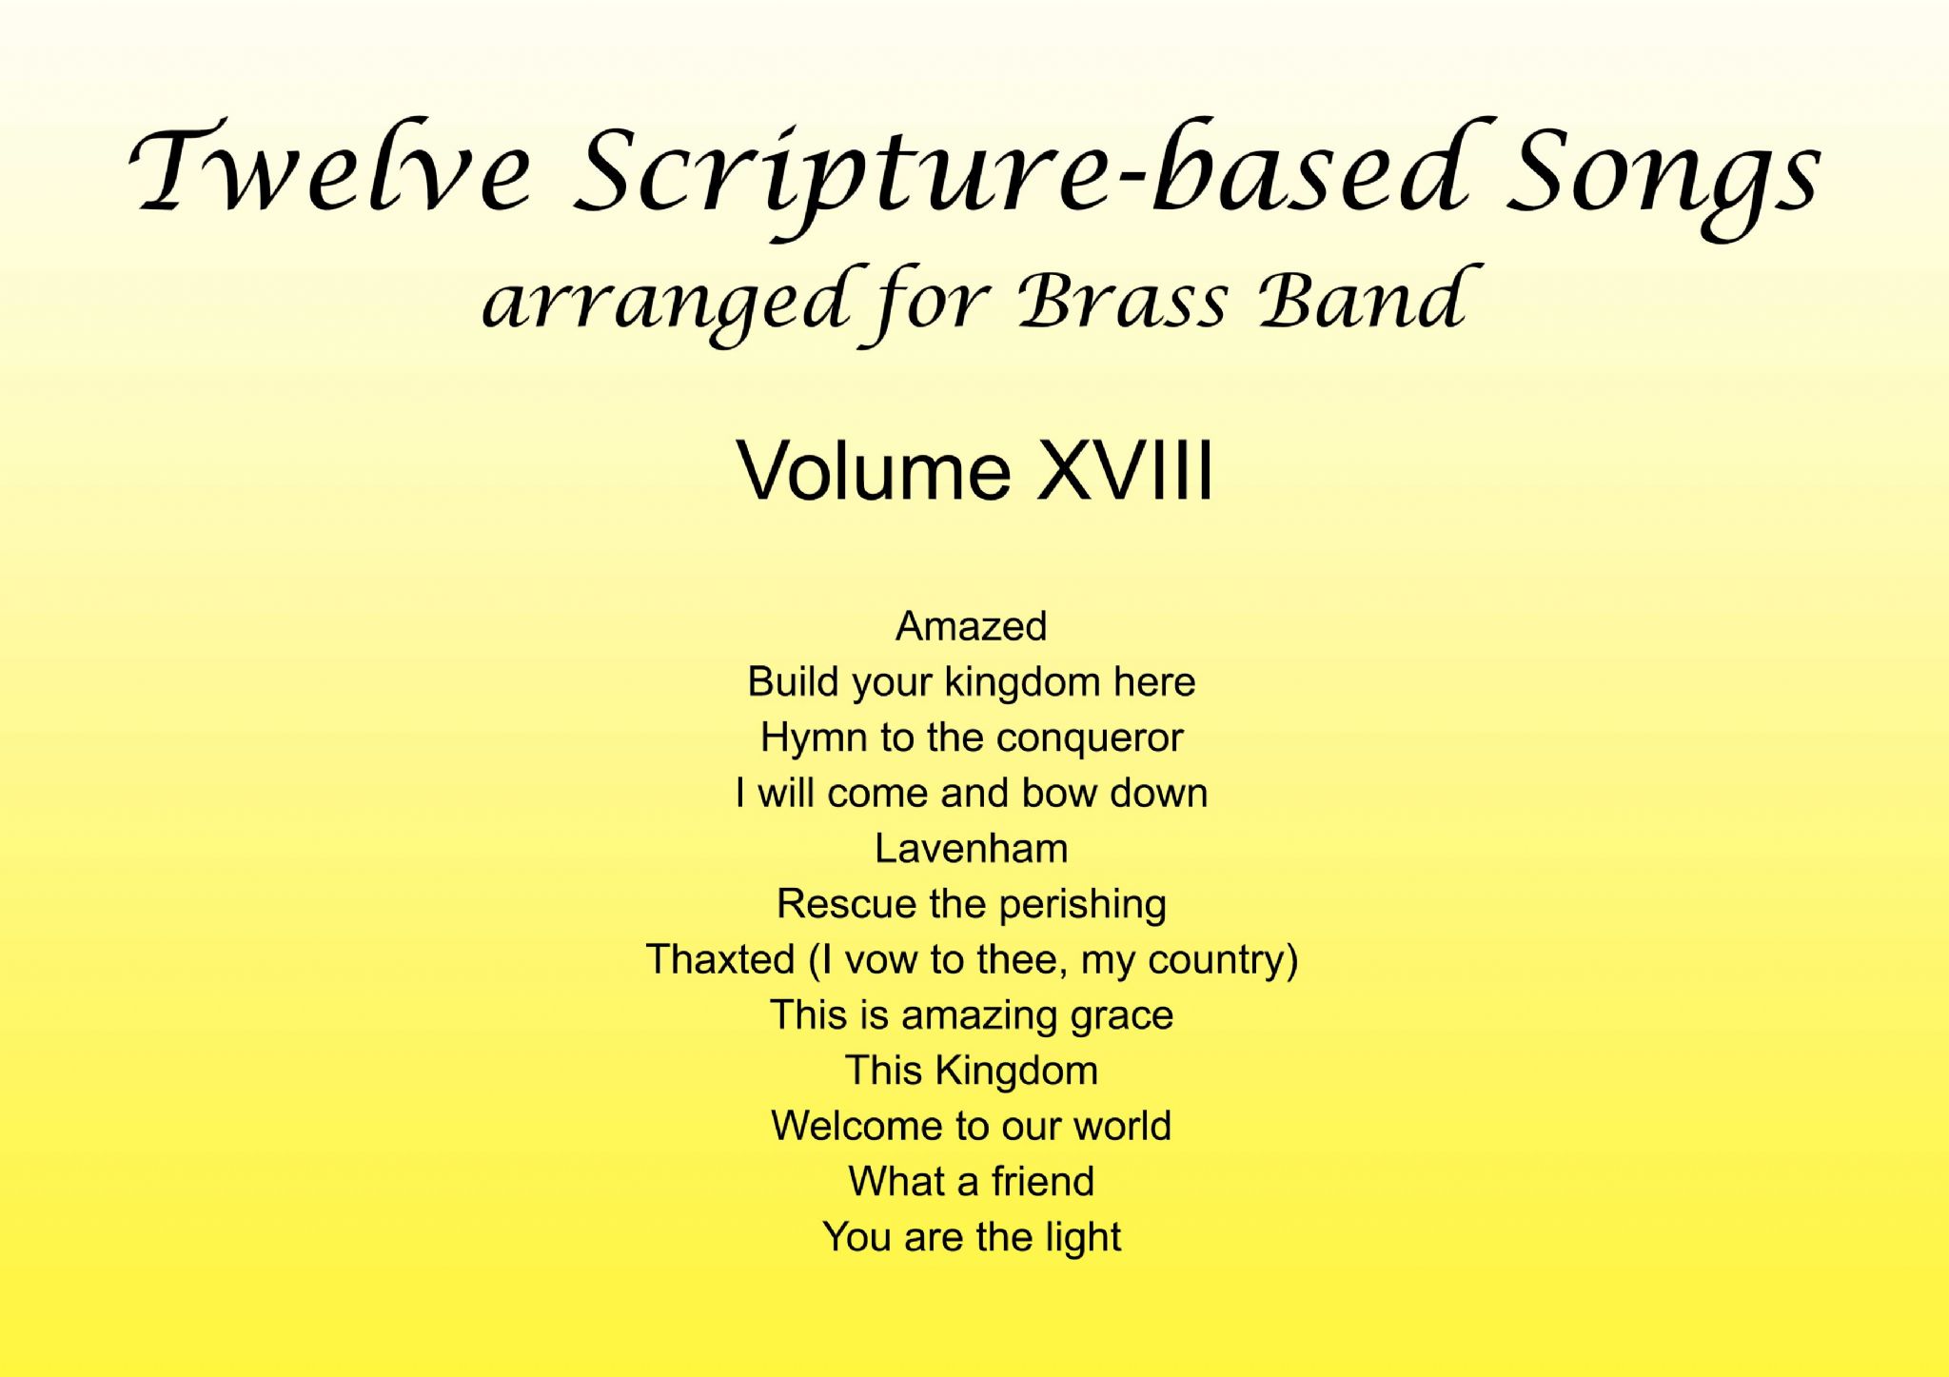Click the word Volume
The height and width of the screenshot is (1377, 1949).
pos(875,470)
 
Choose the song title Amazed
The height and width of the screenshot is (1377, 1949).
pos(972,626)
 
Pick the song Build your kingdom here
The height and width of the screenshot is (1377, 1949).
pos(972,682)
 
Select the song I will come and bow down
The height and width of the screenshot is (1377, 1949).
pos(972,793)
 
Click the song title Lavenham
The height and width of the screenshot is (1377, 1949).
pos(972,848)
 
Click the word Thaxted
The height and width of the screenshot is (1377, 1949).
pos(720,959)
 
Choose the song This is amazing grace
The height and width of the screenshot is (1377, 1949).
pos(972,1015)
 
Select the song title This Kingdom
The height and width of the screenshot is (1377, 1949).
pos(972,1071)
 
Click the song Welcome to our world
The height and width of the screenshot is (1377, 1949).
pos(972,1126)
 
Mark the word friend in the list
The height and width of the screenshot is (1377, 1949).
pos(1043,1181)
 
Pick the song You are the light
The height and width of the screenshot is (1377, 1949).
pos(972,1237)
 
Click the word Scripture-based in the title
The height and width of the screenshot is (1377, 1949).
pos(1018,176)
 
